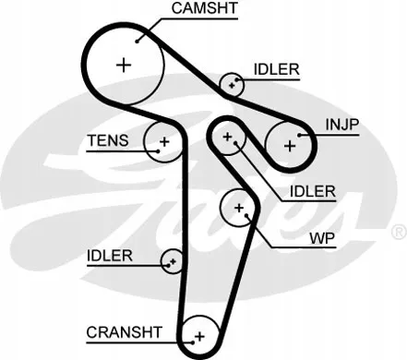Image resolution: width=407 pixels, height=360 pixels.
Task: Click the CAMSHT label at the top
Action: tap(205, 8)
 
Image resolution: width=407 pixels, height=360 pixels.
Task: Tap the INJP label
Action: tap(342, 125)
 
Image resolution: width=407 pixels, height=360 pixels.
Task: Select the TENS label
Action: tap(108, 140)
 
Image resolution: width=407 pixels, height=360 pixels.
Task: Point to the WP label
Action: tap(322, 238)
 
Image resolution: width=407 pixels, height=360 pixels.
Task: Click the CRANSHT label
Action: tap(124, 332)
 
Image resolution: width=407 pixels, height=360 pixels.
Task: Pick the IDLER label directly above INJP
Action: tap(276, 69)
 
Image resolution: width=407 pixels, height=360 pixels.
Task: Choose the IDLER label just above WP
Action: tap(313, 191)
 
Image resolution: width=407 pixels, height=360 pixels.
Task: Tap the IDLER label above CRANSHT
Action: tap(110, 256)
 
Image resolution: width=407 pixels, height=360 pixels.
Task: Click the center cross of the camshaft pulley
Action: tap(124, 65)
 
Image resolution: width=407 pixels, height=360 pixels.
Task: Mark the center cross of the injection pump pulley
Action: tap(290, 146)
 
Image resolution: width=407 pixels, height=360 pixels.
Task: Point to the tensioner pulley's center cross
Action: tap(165, 142)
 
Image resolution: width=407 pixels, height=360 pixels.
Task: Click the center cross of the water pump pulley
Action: tap(239, 208)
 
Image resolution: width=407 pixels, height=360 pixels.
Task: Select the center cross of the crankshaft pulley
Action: tap(200, 336)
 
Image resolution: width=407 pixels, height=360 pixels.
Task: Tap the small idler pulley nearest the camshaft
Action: tap(232, 85)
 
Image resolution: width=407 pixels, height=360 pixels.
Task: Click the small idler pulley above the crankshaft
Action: tap(172, 261)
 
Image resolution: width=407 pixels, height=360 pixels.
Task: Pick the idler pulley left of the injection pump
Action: tap(227, 137)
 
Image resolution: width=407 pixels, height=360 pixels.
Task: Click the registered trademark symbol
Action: tap(400, 233)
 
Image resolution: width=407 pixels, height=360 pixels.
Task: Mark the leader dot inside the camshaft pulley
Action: tap(138, 42)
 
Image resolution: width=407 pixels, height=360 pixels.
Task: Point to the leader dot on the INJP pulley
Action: tap(299, 135)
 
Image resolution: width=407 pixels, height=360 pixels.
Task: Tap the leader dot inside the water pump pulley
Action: tap(246, 215)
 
